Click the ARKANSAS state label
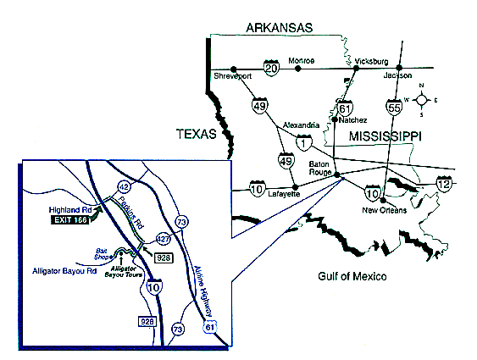pos(280,28)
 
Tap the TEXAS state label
pos(197,133)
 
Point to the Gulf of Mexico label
pos(352,277)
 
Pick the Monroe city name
pos(302,61)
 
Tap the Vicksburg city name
pos(371,62)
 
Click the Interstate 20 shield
pos(271,67)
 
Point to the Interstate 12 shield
pos(443,181)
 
